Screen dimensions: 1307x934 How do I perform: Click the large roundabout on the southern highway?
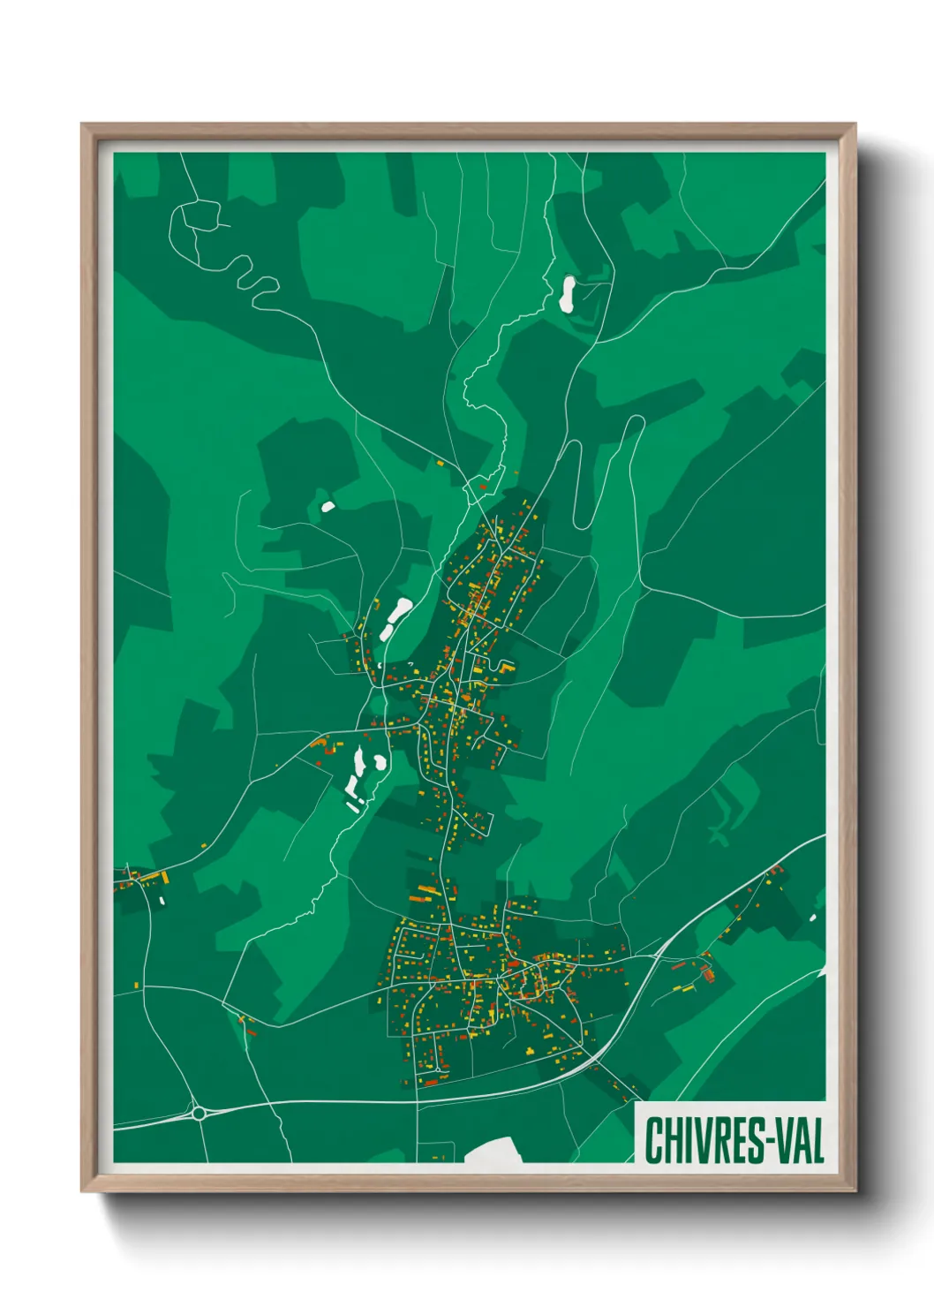[x=199, y=1113]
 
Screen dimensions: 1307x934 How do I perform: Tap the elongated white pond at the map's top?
[x=567, y=293]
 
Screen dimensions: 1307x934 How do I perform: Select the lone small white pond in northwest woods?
[x=328, y=507]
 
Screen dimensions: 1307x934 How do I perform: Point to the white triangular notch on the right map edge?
[x=822, y=971]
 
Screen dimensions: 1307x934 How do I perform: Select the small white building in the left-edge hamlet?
[x=162, y=901]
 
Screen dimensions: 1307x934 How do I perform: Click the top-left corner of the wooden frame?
[x=82, y=125]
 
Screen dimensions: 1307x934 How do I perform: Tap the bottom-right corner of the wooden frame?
[x=855, y=1190]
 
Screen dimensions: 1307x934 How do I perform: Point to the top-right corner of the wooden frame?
[x=855, y=125]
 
